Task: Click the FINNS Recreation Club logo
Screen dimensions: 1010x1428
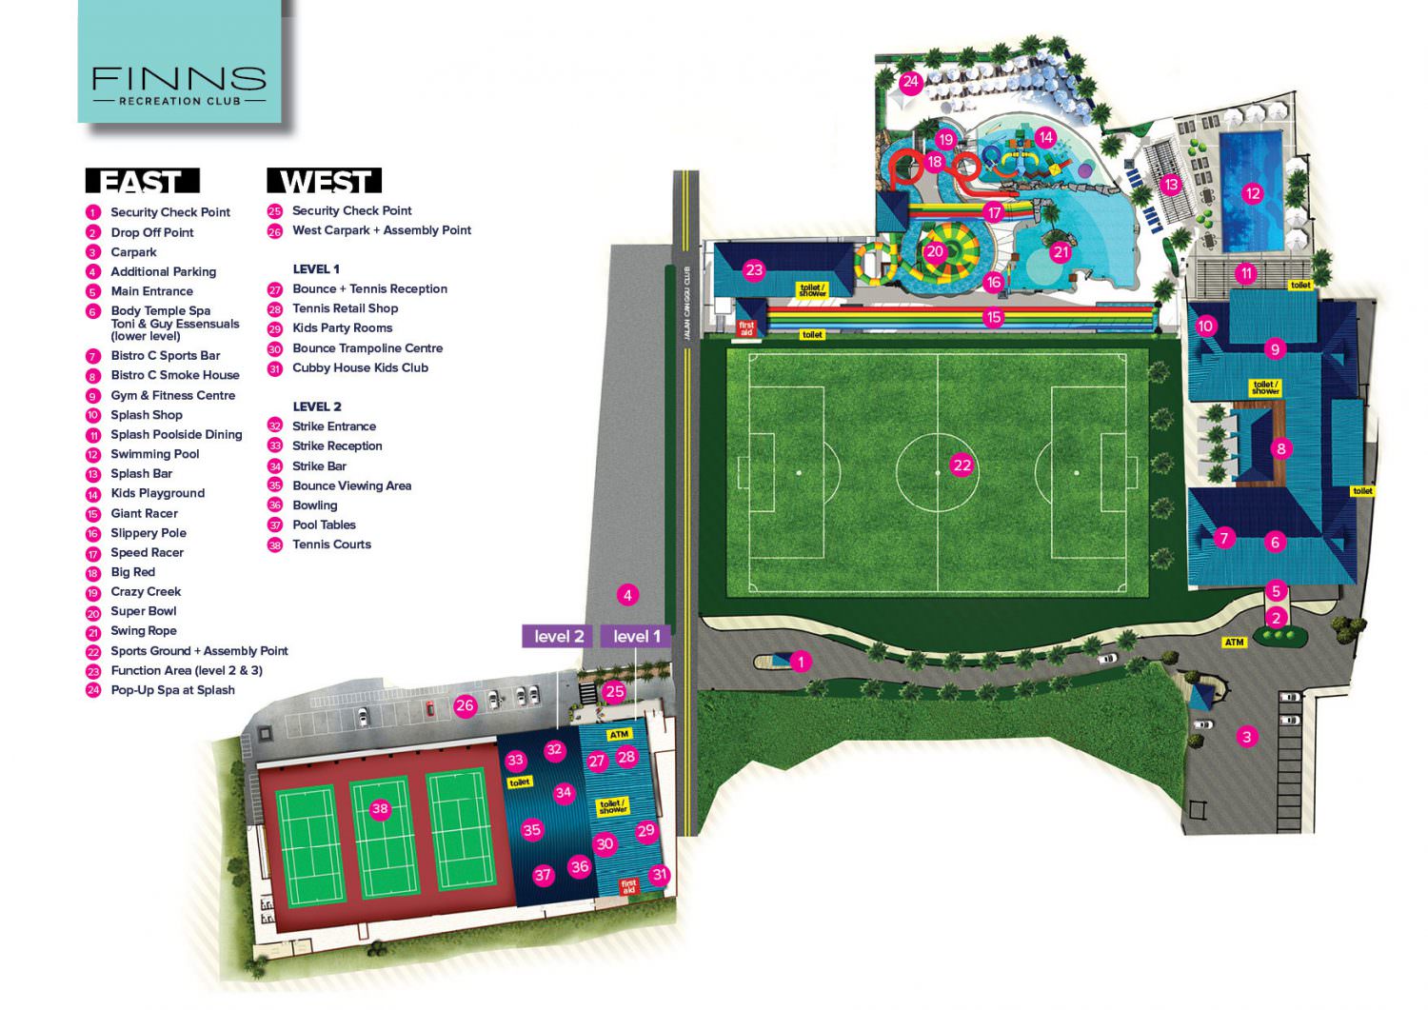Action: [179, 84]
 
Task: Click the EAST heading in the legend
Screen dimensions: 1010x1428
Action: [142, 181]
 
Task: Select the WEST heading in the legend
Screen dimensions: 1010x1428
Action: [325, 181]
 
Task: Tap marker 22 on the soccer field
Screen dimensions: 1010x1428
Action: [962, 465]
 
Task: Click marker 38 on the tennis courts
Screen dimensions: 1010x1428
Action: [380, 809]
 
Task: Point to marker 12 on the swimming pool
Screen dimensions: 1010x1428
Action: [1252, 193]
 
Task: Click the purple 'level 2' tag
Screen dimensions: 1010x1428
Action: [559, 636]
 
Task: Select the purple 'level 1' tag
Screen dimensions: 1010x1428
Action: [636, 636]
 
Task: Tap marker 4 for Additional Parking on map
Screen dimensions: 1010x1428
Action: [626, 595]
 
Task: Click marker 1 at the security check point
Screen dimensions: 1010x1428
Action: [801, 661]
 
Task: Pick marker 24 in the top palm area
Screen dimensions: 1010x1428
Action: [910, 82]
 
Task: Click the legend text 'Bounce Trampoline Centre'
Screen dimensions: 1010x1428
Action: [367, 348]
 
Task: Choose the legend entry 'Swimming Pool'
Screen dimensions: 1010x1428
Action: [154, 454]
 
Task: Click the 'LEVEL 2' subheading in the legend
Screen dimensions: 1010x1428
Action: [317, 406]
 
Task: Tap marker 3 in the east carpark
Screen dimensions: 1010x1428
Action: [1246, 736]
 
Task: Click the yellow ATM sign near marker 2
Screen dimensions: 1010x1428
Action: [1234, 643]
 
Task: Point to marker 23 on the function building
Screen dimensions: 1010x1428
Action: [754, 270]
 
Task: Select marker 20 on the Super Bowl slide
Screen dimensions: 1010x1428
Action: [935, 251]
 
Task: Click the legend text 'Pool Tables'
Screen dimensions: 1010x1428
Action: [324, 525]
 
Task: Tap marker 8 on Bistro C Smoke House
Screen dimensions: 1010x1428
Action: [1280, 448]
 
